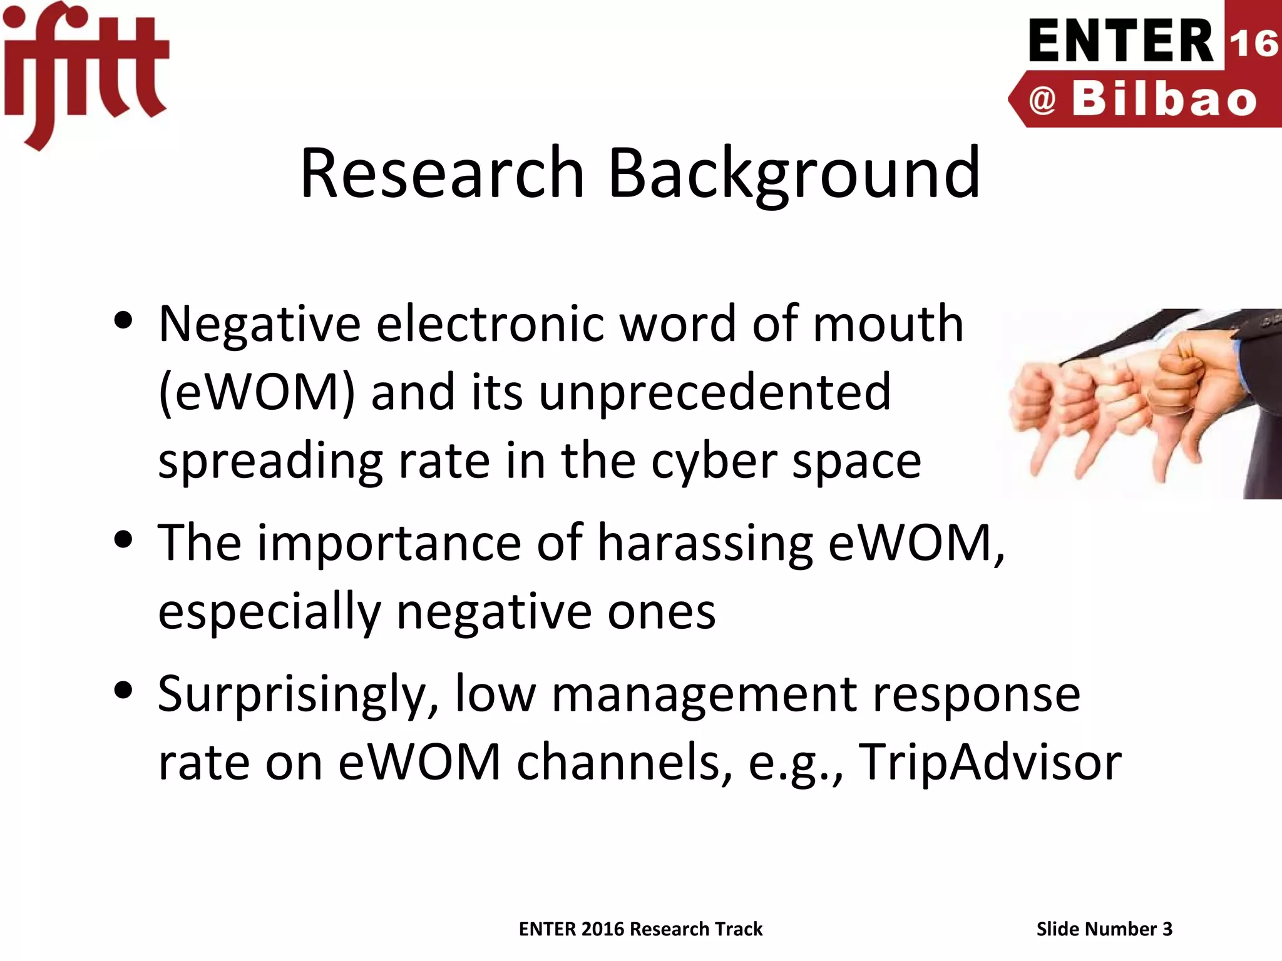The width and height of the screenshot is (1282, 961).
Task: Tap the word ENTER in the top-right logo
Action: [1121, 41]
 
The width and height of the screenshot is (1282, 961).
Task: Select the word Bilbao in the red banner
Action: [1164, 100]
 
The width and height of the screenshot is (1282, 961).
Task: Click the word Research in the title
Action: [442, 173]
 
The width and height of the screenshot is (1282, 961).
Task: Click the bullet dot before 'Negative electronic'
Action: [124, 321]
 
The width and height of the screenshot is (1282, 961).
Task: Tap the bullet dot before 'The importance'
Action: [124, 539]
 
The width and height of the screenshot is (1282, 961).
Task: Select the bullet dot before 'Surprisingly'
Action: [124, 691]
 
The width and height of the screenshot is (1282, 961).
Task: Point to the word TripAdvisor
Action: [990, 762]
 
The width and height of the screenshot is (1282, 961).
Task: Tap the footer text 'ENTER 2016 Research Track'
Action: [640, 929]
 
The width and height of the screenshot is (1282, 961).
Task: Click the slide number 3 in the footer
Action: [1167, 929]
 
